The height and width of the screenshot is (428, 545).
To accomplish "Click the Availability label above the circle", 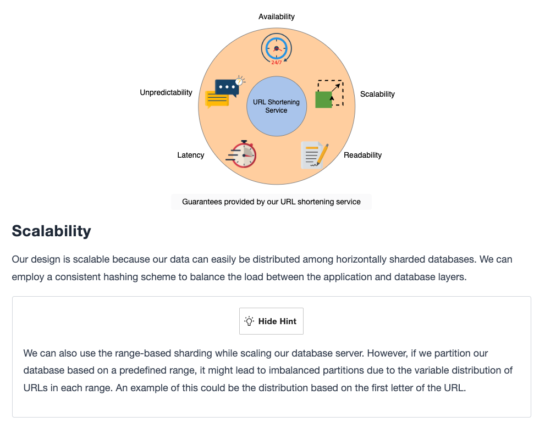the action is tap(276, 16).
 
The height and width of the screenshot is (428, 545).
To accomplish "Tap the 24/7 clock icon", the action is tap(276, 49).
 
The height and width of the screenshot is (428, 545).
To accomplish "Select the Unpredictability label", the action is tap(166, 92).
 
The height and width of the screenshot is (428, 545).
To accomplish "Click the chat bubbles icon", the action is tap(225, 92).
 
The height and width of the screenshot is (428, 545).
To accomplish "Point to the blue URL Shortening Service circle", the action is tap(277, 106).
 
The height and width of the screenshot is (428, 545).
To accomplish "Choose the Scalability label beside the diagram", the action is tap(377, 94).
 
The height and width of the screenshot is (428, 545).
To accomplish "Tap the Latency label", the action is tap(190, 155).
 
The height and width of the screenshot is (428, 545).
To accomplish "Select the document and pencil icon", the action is tap(315, 155).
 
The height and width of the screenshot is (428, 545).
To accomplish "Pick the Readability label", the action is tap(362, 155).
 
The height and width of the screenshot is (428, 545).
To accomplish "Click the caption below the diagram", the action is tap(271, 202).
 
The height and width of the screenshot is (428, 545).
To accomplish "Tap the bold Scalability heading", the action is tap(52, 231).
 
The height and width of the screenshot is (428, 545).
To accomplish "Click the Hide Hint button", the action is tap(271, 321).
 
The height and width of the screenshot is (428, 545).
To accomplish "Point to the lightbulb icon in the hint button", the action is tap(249, 321).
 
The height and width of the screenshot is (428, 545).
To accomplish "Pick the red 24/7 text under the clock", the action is tap(276, 63).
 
